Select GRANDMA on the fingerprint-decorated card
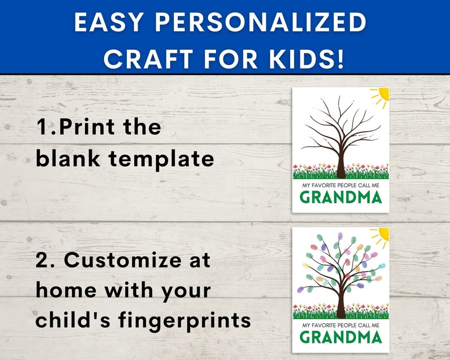coord(341,336)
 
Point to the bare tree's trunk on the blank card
coord(341,162)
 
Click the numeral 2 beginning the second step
coord(44,260)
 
